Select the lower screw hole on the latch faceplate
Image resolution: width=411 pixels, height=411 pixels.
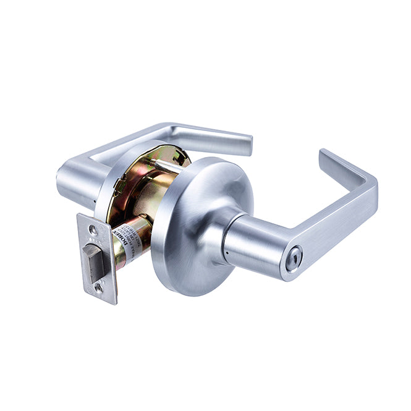pyautogui.click(x=98, y=287)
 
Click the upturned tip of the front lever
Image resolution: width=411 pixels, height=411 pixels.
pyautogui.click(x=328, y=158)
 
